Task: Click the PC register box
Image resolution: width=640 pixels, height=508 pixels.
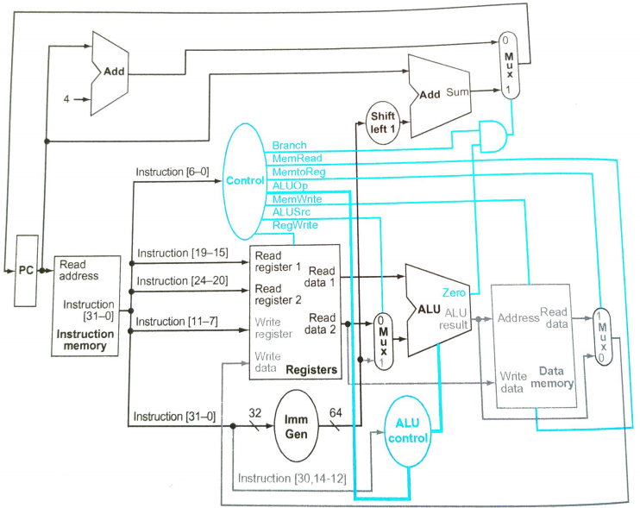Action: (26, 270)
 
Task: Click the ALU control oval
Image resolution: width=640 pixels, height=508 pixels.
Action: (406, 429)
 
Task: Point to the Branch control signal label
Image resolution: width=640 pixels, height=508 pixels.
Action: (289, 145)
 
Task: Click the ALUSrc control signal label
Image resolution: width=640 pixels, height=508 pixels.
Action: (292, 212)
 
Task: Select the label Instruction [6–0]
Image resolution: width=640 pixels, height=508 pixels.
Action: (172, 172)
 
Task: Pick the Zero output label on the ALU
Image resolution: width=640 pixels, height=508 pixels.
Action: (455, 293)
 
